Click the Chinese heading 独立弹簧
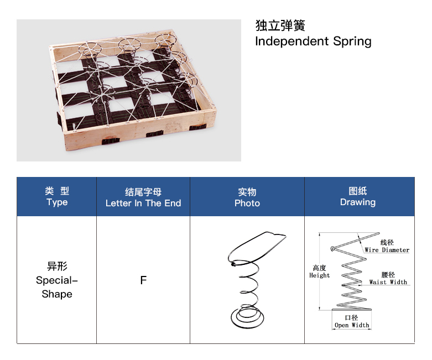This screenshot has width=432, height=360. tap(280, 26)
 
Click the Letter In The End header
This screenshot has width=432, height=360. tap(143, 203)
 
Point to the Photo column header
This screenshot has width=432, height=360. tap(247, 203)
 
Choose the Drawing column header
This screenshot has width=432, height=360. tap(358, 202)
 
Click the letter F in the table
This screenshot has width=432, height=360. tap(143, 280)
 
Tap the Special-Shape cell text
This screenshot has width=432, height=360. tap(57, 287)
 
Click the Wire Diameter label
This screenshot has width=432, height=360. tap(387, 250)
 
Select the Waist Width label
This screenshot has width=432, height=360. tap(388, 282)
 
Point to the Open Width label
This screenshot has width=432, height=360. tap(352, 325)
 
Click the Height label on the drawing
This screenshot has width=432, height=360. tap(319, 275)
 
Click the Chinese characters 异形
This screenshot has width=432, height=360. tap(57, 267)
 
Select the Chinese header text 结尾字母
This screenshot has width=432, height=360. tap(143, 192)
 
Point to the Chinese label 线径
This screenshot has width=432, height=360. tap(387, 242)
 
